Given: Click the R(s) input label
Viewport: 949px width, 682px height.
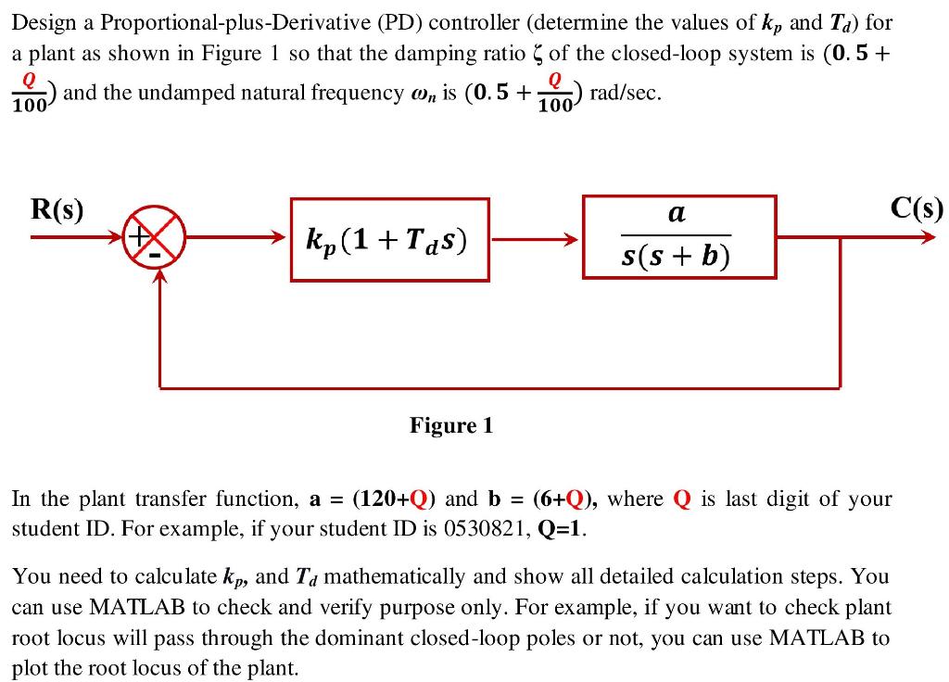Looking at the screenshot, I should pos(57,209).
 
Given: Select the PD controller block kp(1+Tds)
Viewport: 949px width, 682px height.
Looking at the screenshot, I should pos(389,239).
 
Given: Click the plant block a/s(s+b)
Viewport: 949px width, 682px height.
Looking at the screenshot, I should pos(678,236).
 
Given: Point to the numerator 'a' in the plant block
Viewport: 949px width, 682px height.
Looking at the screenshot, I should pos(677,215).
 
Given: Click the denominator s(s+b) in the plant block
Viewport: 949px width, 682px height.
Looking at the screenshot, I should pos(677,255).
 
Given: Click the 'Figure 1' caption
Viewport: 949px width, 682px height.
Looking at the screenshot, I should pos(451,425).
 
